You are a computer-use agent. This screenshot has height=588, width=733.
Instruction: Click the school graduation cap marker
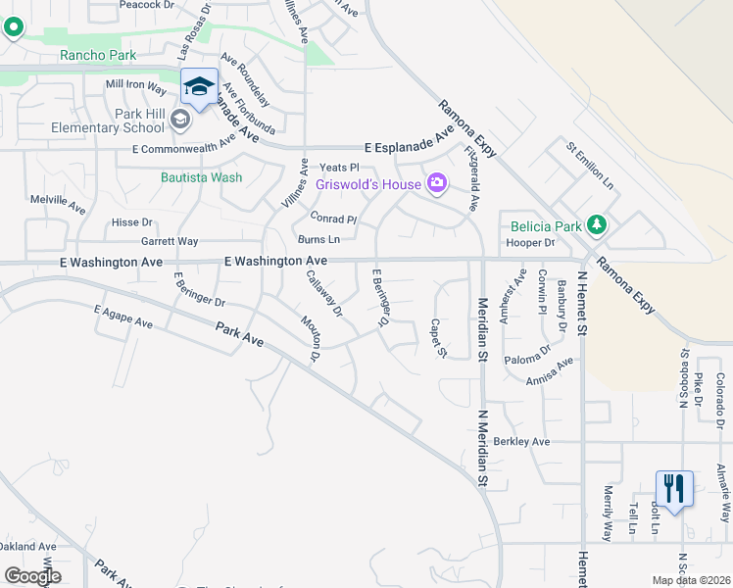(x=199, y=87)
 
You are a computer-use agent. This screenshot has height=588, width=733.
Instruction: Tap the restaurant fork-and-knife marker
(x=674, y=488)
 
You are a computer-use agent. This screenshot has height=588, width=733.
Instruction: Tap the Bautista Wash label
(x=201, y=177)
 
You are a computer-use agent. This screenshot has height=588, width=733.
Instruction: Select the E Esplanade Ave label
(x=409, y=147)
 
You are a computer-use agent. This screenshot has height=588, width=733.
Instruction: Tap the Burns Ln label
(x=319, y=239)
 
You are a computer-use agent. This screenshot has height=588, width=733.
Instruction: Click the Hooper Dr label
(x=532, y=243)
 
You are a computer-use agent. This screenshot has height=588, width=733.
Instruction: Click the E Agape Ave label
(x=123, y=317)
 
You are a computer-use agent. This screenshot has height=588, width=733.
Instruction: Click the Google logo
(x=32, y=576)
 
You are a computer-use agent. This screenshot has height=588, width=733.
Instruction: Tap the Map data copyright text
(x=692, y=580)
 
